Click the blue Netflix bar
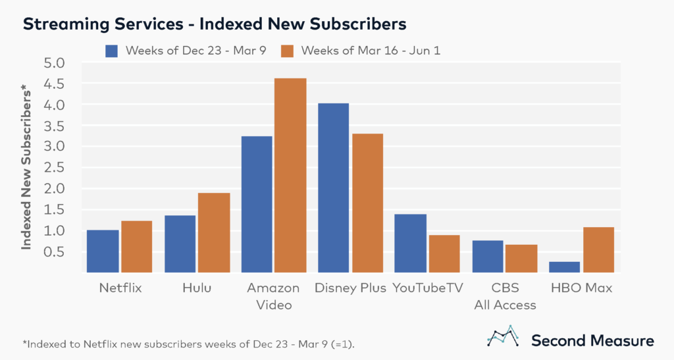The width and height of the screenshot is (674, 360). [103, 251]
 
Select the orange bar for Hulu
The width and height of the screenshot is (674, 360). [214, 232]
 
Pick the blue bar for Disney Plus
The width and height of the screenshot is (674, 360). [333, 188]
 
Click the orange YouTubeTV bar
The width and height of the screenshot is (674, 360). [444, 253]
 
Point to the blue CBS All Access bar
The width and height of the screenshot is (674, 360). [488, 256]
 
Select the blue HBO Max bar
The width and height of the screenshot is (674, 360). [564, 267]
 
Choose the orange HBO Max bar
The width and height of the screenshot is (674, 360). [598, 249]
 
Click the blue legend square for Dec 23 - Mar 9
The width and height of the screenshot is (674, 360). [111, 51]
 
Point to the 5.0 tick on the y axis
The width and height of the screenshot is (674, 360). [55, 63]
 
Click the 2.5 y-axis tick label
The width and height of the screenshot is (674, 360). [55, 168]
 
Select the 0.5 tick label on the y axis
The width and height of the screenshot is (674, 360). [55, 251]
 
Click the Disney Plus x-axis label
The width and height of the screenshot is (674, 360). [351, 288]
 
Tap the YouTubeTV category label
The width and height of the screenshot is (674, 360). [428, 288]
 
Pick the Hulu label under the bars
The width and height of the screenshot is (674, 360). [197, 288]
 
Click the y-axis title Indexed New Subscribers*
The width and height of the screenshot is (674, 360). [27, 168]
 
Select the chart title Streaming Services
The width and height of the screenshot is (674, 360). [215, 24]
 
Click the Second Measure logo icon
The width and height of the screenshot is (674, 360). [502, 336]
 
